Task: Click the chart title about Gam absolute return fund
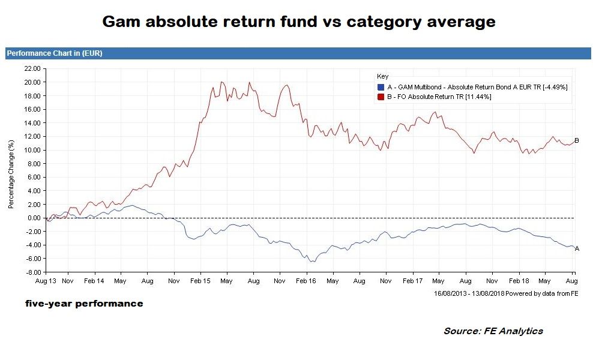(298, 22)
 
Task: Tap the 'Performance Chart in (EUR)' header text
(55, 53)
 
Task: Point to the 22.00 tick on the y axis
(32, 68)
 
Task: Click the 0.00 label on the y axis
(34, 218)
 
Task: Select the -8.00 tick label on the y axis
(32, 272)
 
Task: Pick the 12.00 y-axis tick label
(32, 136)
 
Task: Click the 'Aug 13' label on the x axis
(46, 281)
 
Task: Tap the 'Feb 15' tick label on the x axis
(200, 281)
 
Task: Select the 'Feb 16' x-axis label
(306, 281)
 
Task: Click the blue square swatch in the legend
(381, 87)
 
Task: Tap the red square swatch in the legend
(381, 96)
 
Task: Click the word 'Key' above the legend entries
(382, 77)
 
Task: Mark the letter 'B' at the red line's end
(577, 141)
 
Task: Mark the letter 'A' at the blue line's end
(577, 248)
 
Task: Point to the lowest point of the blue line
(311, 262)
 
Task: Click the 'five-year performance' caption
(84, 304)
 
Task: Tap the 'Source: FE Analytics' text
(493, 331)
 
